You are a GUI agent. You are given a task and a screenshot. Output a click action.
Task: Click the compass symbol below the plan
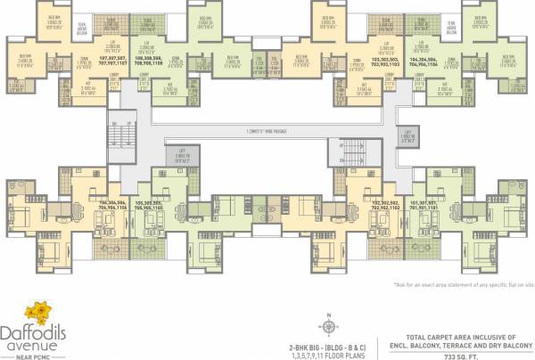click(x=327, y=323)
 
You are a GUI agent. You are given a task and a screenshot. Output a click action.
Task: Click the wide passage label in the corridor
click(x=267, y=132)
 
